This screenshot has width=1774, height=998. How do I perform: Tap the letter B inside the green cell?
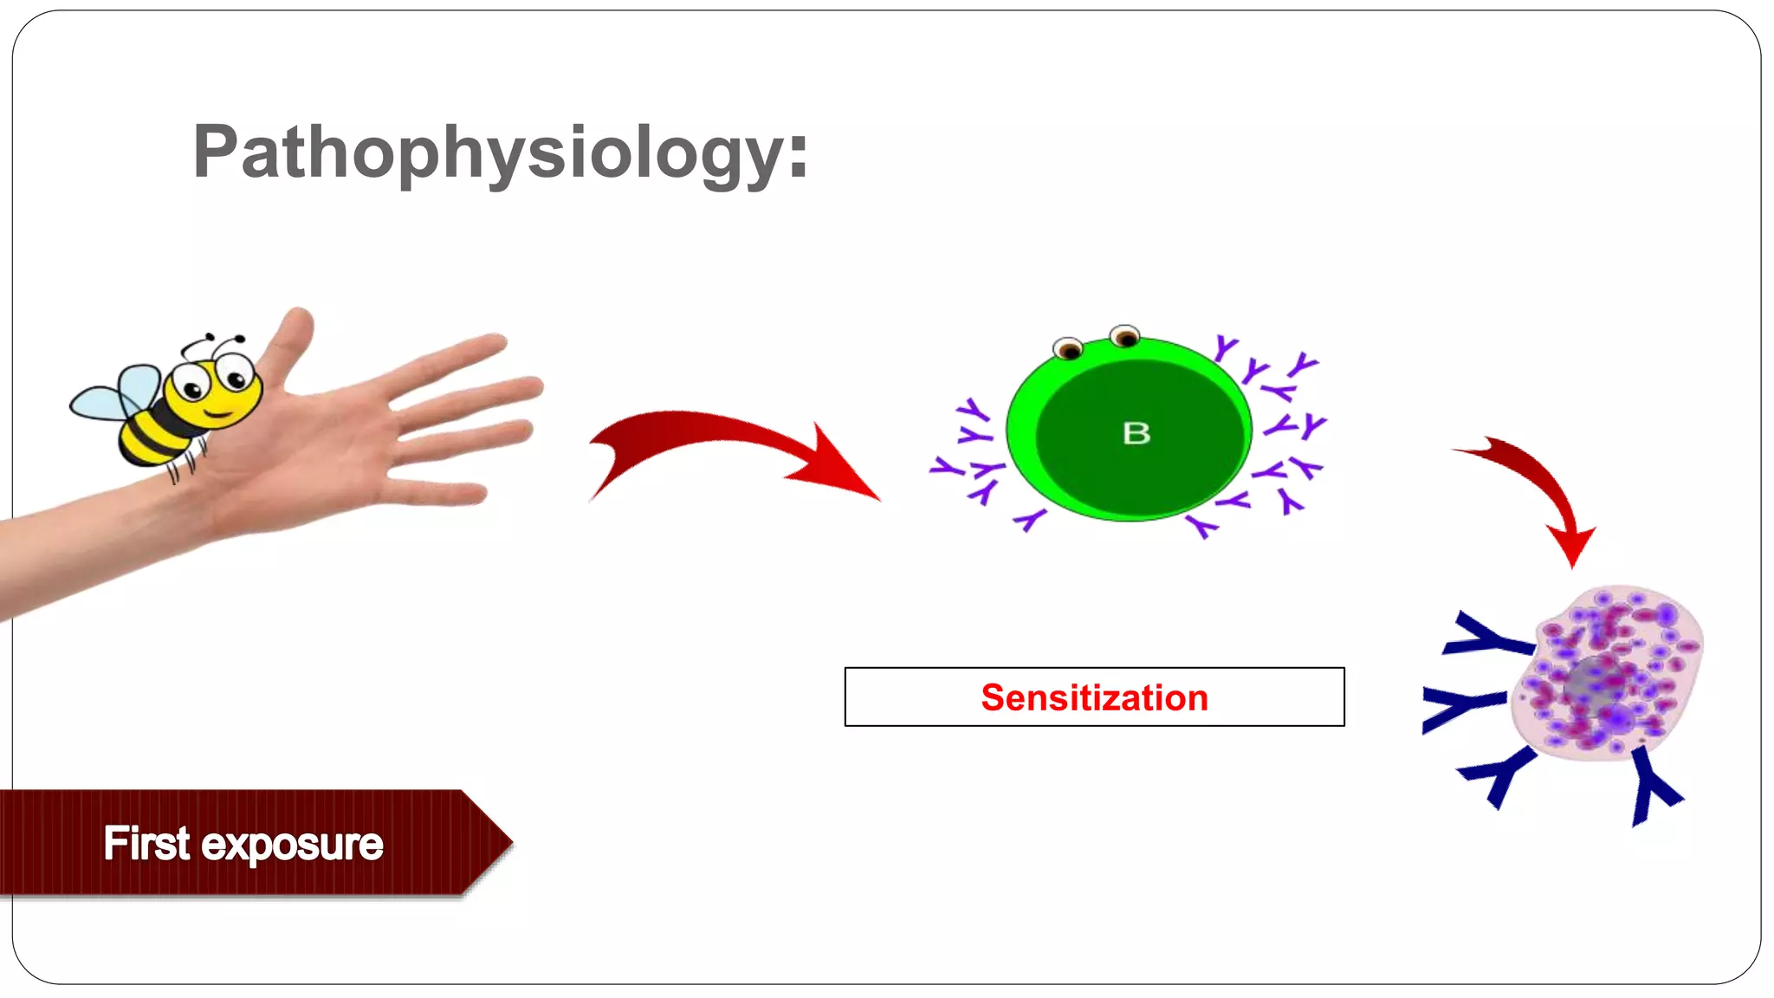(1136, 433)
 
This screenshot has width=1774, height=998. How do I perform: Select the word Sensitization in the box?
(1094, 697)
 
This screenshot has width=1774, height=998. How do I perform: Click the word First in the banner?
(146, 843)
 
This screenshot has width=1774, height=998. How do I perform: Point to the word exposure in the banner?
(292, 845)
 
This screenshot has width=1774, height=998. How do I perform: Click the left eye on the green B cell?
(1069, 349)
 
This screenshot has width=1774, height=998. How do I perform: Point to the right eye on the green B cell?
(1124, 335)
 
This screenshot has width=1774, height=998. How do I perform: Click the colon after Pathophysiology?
(798, 156)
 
